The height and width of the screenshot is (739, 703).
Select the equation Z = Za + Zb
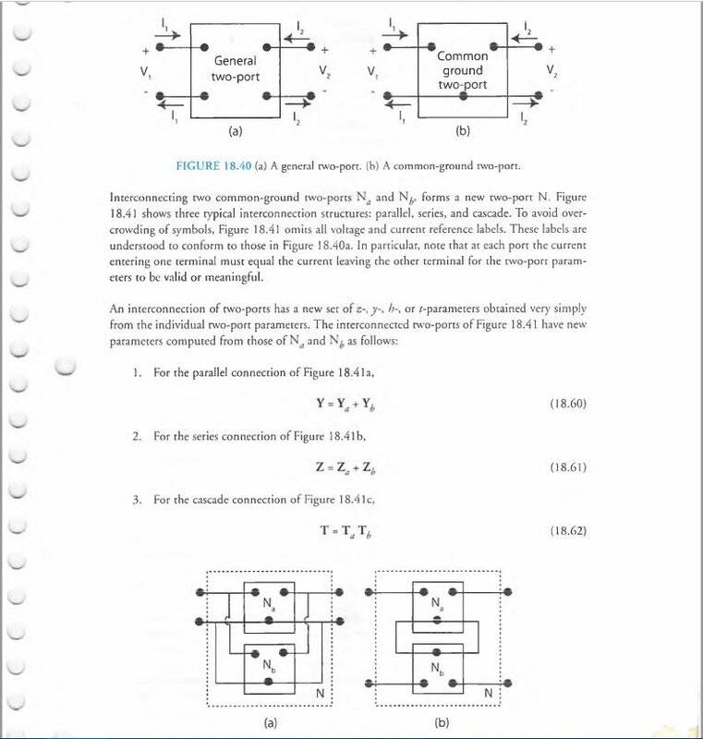[x=348, y=467]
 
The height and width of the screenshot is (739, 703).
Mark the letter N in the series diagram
[x=488, y=694]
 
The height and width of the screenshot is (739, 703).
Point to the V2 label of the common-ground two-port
[x=551, y=70]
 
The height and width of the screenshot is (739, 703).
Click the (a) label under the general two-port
[x=235, y=132]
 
